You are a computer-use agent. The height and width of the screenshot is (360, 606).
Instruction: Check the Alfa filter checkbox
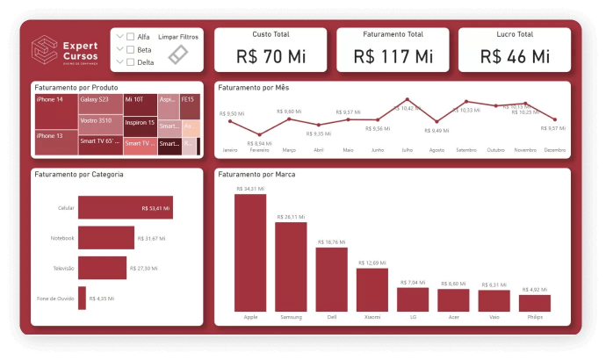pyautogui.click(x=131, y=36)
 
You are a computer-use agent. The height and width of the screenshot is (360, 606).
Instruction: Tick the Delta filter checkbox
pyautogui.click(x=131, y=62)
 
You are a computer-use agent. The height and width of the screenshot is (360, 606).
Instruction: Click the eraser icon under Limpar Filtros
pyautogui.click(x=178, y=54)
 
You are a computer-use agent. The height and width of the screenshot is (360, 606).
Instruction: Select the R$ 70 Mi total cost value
pyautogui.click(x=270, y=56)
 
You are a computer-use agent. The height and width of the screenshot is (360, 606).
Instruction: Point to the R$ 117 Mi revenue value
pyautogui.click(x=393, y=56)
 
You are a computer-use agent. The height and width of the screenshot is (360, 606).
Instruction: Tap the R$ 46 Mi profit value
pyautogui.click(x=515, y=56)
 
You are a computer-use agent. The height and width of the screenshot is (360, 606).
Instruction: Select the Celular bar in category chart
pyautogui.click(x=125, y=208)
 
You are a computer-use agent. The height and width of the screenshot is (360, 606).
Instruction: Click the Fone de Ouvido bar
pyautogui.click(x=82, y=298)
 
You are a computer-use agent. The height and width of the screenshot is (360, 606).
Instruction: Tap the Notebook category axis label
pyautogui.click(x=62, y=238)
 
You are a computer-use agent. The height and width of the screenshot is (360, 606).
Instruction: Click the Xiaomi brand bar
pyautogui.click(x=372, y=290)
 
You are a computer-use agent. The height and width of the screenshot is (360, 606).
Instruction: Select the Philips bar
pyautogui.click(x=535, y=303)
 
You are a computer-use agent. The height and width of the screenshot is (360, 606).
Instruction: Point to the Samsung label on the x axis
pyautogui.click(x=291, y=317)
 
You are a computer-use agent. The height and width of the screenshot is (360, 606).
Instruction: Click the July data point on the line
pyautogui.click(x=407, y=100)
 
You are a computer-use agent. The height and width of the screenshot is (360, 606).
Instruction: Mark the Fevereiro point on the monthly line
pyautogui.click(x=259, y=133)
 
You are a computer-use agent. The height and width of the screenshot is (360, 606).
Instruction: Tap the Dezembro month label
pyautogui.click(x=554, y=150)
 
